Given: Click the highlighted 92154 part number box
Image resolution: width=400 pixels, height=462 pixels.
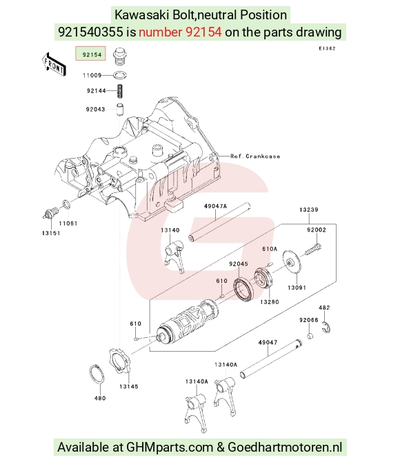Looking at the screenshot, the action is [90, 54].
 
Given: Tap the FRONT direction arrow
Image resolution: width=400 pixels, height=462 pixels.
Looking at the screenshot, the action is [54, 64].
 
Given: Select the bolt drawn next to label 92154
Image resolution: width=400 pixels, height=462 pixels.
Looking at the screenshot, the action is [120, 57].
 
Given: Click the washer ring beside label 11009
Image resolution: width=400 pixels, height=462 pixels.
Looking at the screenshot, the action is [120, 75].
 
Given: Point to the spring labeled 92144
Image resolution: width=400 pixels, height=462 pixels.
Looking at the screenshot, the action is [120, 91].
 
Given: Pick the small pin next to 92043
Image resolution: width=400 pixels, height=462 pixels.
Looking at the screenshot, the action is [119, 110].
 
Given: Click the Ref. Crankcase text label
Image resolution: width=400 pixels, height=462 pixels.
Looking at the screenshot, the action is [255, 156].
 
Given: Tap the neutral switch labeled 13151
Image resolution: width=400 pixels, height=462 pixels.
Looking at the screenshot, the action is [51, 213].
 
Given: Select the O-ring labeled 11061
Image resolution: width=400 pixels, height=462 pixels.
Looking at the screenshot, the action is [66, 204].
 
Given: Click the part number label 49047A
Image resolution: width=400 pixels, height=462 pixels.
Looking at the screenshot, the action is [215, 206].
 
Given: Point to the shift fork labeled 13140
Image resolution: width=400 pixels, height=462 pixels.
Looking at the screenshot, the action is [174, 256].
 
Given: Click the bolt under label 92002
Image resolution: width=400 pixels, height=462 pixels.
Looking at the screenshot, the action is [312, 249].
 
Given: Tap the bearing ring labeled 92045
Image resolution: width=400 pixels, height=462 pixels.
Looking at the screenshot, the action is [243, 290].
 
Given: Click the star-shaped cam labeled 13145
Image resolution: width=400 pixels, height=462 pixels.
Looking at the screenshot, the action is [119, 361].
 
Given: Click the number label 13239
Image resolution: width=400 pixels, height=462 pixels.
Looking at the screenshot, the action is [309, 210].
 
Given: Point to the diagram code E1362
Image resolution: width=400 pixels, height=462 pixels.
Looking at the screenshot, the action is [327, 48].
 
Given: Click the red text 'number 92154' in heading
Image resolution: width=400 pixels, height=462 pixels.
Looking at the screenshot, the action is [180, 32].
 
